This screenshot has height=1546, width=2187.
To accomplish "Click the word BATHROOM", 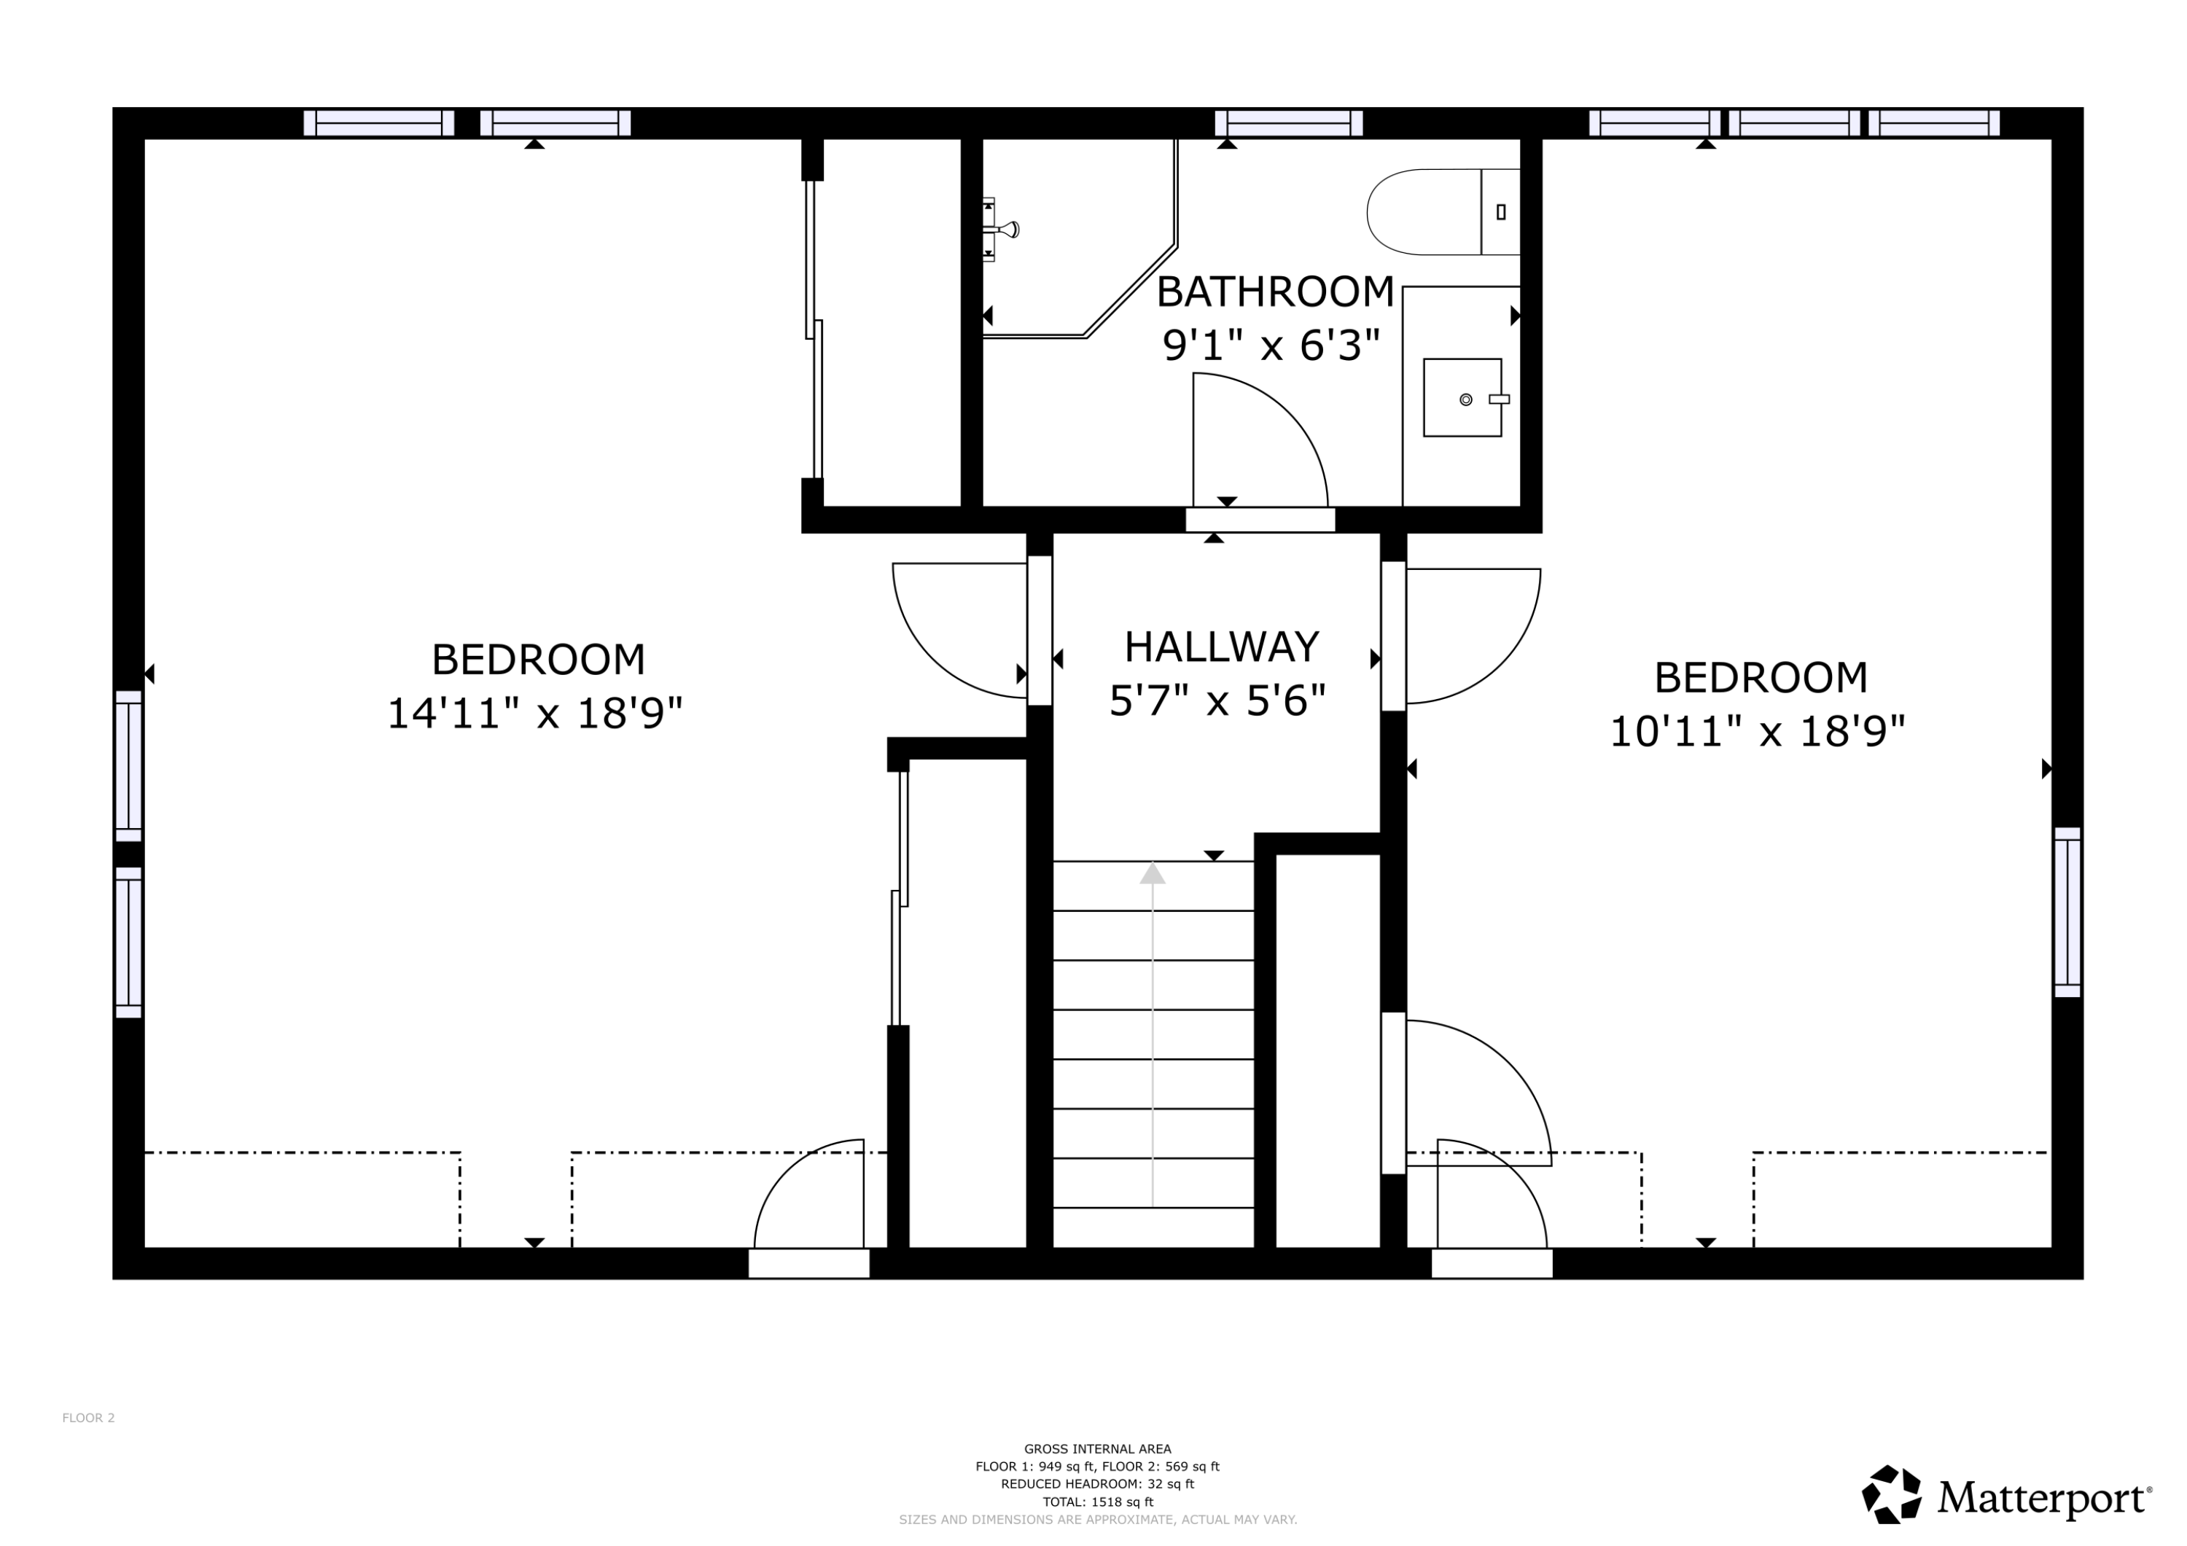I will click(x=1274, y=292).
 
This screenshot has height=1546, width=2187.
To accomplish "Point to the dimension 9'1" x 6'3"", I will click(x=1271, y=345).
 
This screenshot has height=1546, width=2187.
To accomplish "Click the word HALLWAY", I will click(x=1221, y=648).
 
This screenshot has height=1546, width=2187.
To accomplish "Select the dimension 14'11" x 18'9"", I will click(x=534, y=714).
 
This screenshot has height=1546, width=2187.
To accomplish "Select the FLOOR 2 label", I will click(x=89, y=1418).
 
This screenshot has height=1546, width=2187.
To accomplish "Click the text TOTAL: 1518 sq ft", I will click(x=1097, y=1502).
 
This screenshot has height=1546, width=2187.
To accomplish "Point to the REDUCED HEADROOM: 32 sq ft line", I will click(x=1097, y=1484).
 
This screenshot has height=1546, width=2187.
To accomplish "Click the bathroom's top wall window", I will click(x=1288, y=123).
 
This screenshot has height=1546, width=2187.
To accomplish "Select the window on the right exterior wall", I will click(x=2067, y=912).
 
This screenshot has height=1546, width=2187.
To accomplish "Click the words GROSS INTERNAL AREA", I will click(x=1097, y=1449).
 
